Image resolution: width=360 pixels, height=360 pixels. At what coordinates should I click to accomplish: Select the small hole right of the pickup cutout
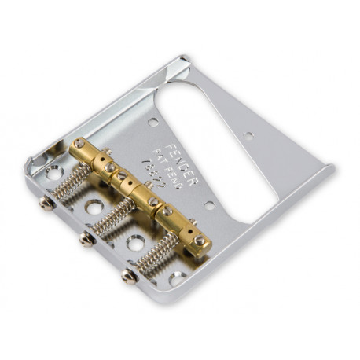pos(249,134)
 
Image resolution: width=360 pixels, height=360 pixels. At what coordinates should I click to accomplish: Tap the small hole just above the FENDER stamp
pos(152,122)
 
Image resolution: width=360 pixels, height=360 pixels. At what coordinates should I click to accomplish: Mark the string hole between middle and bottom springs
pos(135,242)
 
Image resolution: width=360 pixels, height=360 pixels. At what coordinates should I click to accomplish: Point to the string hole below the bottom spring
pos(178,277)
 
